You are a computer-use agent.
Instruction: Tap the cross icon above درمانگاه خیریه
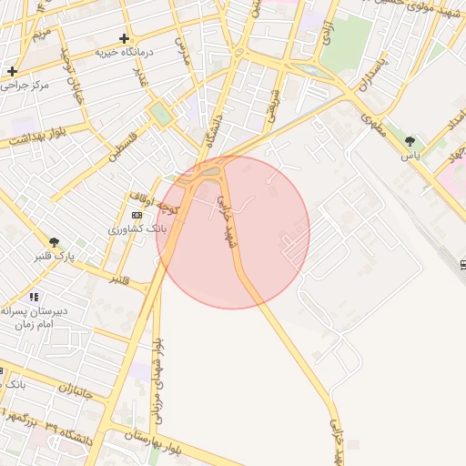point(124,38)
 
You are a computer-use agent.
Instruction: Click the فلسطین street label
point(127,146)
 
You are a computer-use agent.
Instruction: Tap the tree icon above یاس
point(411,140)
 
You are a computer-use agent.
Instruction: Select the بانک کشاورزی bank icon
point(137,215)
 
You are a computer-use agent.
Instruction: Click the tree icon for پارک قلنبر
point(55,242)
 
